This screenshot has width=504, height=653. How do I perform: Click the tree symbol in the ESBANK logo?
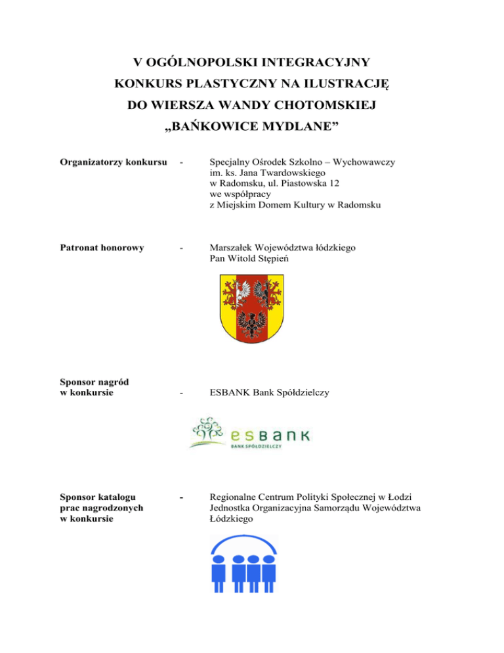coord(209,430)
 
